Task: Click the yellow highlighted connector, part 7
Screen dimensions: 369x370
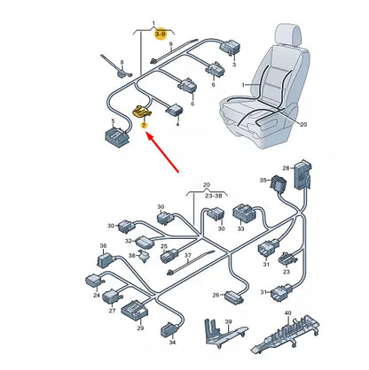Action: [141, 112]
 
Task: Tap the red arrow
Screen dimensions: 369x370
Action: [163, 152]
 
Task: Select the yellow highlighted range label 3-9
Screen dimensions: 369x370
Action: [161, 35]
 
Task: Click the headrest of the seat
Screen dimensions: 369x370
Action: [288, 35]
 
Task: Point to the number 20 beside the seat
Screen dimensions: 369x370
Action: [303, 124]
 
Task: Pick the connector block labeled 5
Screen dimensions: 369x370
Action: [117, 137]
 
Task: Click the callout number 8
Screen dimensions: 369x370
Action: [122, 63]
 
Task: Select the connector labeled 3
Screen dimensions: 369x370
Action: [230, 47]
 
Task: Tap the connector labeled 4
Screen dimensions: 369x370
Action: [174, 111]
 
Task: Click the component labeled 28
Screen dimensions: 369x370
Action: [302, 174]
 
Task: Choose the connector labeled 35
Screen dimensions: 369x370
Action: [278, 183]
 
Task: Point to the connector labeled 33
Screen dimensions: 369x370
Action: [244, 213]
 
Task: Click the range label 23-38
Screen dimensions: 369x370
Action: [214, 196]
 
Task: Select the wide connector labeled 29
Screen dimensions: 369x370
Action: [135, 311]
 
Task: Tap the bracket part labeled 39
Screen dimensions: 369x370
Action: [223, 334]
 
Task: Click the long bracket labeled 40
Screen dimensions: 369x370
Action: [286, 334]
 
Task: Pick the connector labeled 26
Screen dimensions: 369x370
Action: [235, 297]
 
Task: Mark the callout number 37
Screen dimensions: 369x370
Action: [188, 256]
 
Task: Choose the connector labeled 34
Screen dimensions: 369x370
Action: [169, 330]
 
